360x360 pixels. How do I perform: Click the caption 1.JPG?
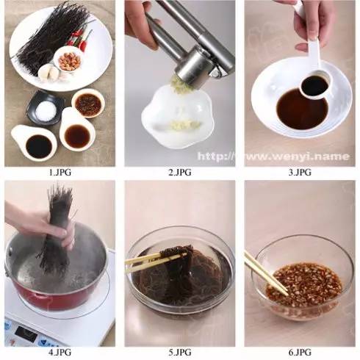60,173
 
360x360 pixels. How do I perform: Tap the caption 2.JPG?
180,173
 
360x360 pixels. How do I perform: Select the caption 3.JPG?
300,173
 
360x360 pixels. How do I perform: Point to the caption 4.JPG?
60,352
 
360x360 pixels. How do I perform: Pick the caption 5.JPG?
180,352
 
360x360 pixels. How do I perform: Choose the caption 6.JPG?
300,352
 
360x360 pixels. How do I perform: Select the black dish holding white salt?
46,109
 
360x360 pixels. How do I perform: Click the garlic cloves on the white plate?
49,72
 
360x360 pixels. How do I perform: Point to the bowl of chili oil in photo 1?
88,104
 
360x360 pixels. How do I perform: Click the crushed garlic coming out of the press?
181,84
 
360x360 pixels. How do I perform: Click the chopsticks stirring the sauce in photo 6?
266,273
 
